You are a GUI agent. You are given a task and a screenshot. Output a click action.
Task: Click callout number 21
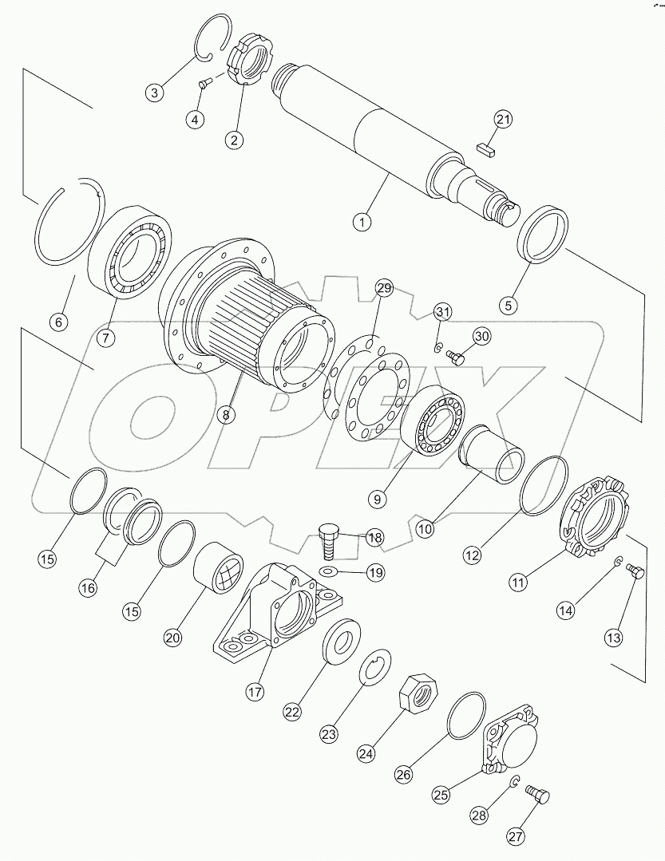pos(502,120)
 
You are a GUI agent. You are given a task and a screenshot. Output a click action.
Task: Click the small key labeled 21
pos(485,146)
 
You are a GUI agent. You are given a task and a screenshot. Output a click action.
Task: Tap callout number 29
pos(384,288)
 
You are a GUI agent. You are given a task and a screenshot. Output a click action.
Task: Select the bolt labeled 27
pos(540,796)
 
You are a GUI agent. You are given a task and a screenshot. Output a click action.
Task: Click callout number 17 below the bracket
pos(254,692)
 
